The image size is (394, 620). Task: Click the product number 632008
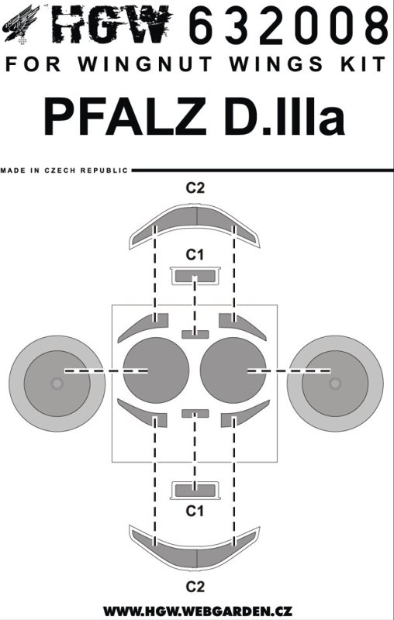click(289, 25)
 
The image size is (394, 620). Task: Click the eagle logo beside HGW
click(22, 25)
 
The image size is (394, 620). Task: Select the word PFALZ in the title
click(126, 115)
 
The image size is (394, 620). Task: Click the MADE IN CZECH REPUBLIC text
click(64, 170)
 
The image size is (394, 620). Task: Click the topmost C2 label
click(195, 188)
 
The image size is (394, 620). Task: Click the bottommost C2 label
click(195, 587)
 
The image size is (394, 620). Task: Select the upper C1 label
click(195, 256)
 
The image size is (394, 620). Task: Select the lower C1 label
click(195, 511)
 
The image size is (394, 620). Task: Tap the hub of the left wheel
click(57, 383)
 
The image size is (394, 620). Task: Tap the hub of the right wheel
click(335, 383)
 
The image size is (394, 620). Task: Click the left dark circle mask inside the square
click(156, 370)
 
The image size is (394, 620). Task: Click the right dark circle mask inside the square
click(233, 370)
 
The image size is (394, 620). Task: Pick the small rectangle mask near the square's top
click(195, 335)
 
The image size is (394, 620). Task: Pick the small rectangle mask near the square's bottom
click(195, 414)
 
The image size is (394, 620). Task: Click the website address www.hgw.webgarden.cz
click(198, 611)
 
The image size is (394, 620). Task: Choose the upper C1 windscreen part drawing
click(195, 276)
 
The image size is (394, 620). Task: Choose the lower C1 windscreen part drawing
click(195, 491)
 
